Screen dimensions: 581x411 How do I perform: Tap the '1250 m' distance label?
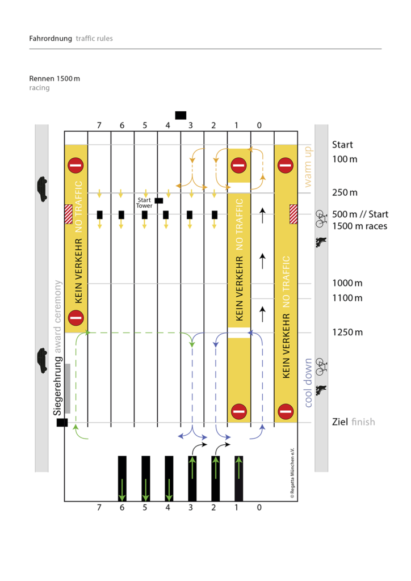pos(347,332)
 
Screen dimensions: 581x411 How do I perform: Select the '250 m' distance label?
pos(345,193)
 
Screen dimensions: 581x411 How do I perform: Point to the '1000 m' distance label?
pos(347,283)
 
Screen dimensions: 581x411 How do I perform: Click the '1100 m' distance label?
pos(347,298)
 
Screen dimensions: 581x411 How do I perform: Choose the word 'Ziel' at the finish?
pos(340,422)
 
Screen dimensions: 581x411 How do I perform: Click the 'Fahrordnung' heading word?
pos(51,39)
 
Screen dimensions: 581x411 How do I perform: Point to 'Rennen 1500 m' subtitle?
pos(54,78)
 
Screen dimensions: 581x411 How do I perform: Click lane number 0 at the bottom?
pos(259,507)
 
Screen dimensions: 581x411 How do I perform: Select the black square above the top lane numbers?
pos(181,115)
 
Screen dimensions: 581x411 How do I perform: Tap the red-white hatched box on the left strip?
pos(69,214)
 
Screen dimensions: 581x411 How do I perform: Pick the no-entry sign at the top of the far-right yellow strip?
pos(286,166)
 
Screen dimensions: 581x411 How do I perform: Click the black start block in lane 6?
pos(121,214)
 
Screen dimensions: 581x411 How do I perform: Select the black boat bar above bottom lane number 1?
pos(239,478)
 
